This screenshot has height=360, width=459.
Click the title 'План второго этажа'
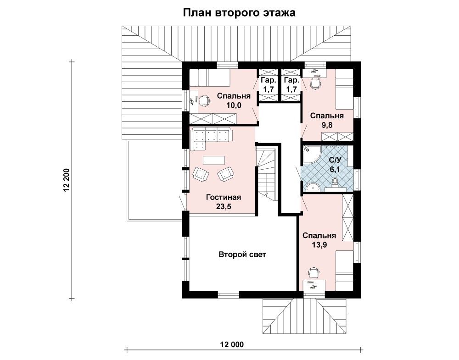[x=239, y=13]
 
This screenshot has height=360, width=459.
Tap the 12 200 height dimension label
[x=67, y=180]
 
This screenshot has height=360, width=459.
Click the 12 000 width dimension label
[x=231, y=344]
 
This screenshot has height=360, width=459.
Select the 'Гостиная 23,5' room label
[x=224, y=202]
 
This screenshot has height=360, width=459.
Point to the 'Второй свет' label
[x=242, y=255]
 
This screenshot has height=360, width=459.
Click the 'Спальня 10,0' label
[x=234, y=100]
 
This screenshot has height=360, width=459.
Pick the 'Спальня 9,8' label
[x=327, y=120]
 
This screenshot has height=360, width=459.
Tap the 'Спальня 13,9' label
[x=319, y=240]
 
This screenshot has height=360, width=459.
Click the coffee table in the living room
[x=214, y=160]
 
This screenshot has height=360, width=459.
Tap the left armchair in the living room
[x=201, y=173]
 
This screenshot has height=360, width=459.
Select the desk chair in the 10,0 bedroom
[x=204, y=100]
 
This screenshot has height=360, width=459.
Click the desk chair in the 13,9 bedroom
[x=313, y=272]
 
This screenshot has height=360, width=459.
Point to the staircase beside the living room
[x=267, y=174]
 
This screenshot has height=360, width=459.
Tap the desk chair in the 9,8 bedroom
[x=316, y=84]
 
